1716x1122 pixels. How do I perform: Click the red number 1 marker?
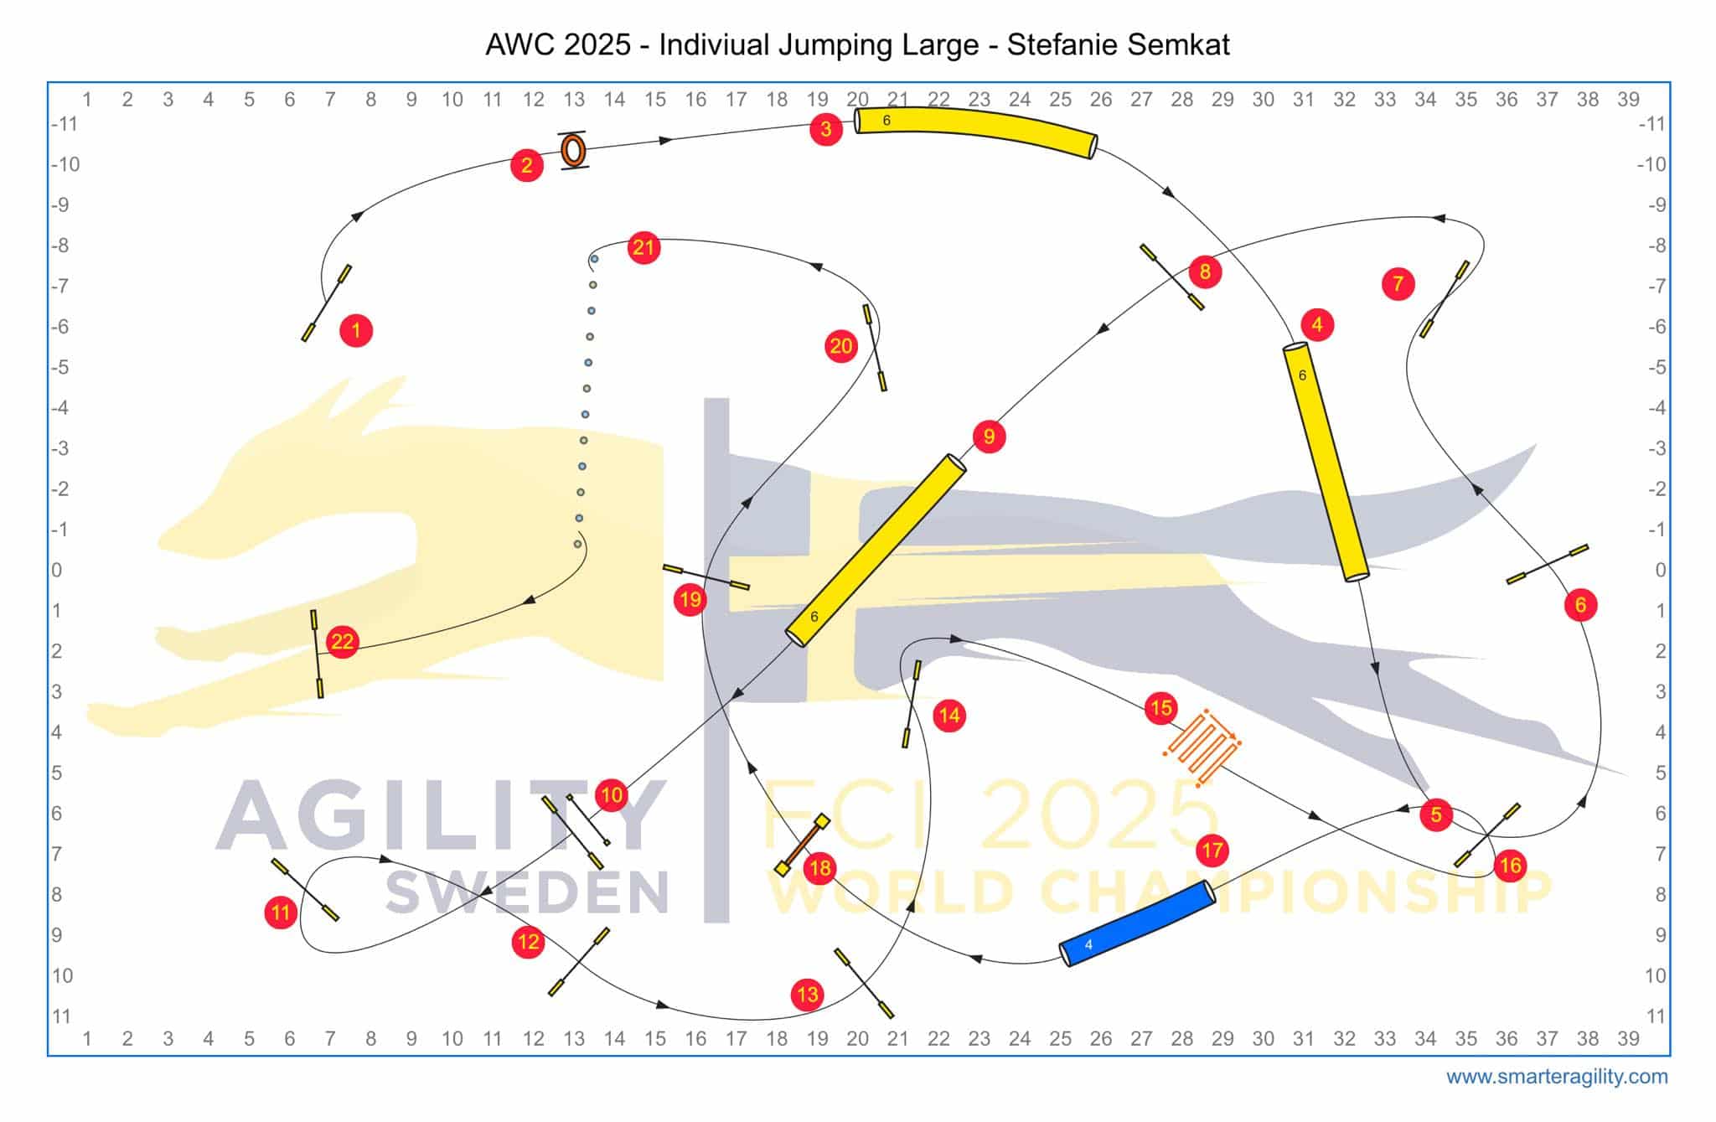click(x=356, y=330)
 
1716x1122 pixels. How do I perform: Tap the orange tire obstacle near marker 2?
click(x=573, y=151)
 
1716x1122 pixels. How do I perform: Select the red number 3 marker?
click(x=826, y=129)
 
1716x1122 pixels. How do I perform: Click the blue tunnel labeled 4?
click(x=1137, y=923)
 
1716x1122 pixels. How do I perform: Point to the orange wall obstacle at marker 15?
click(x=1202, y=747)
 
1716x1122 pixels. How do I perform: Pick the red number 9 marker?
click(x=989, y=437)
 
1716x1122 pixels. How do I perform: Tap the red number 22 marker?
click(x=342, y=642)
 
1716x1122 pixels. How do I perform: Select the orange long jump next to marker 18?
click(x=801, y=845)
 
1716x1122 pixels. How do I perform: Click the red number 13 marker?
click(x=807, y=995)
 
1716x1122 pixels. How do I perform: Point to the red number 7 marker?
click(x=1398, y=284)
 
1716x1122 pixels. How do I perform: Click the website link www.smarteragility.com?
click(x=1557, y=1077)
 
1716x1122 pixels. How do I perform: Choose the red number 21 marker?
click(x=643, y=247)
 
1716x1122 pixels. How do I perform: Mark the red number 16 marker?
click(x=1510, y=865)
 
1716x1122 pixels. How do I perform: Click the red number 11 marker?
click(x=281, y=913)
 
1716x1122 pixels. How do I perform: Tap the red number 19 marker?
click(x=690, y=599)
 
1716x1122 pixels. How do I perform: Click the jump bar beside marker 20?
click(x=875, y=348)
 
